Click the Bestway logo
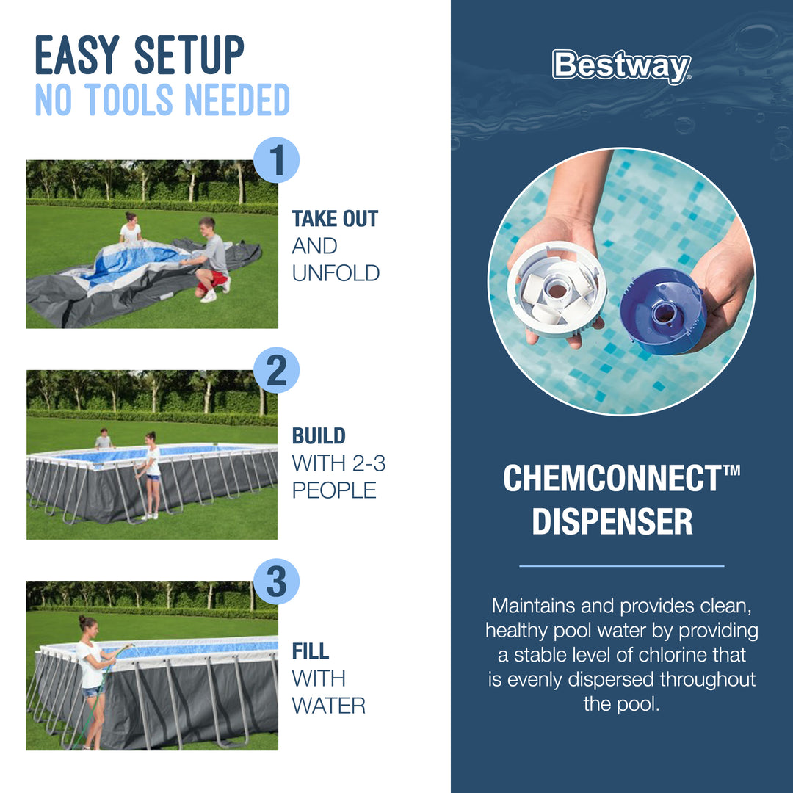point(621,66)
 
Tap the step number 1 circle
point(276,160)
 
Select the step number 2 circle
point(276,371)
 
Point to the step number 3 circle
point(276,582)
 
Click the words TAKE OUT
point(335,219)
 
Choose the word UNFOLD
point(336,273)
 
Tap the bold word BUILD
point(319,435)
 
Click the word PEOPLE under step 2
point(334,490)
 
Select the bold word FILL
point(310,651)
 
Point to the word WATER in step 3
point(328,706)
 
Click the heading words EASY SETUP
point(140,56)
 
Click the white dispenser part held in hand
point(557,289)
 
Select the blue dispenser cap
point(662,311)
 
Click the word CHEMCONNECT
point(612,479)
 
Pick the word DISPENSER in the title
point(612,521)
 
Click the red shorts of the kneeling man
point(215,278)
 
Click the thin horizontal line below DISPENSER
point(621,566)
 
